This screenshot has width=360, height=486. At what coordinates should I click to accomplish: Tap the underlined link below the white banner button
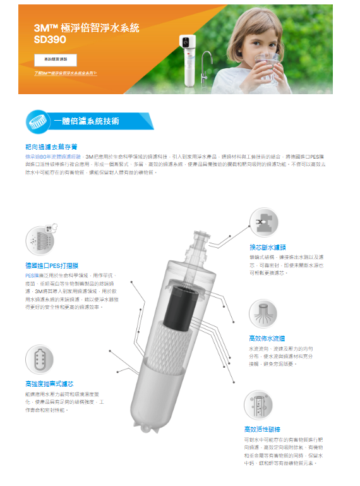pos(66,73)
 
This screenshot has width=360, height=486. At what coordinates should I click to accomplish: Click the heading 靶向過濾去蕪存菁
pos(51,147)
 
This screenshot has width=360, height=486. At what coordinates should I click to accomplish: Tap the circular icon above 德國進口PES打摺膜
pos(39,240)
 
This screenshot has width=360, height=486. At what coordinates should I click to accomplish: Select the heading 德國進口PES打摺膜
pos(52,265)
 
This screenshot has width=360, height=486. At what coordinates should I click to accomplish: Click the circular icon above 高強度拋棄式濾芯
pos(39,359)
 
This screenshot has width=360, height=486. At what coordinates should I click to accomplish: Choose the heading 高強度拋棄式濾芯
pos(49,384)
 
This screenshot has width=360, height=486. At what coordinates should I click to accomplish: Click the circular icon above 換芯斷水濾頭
pos(263,222)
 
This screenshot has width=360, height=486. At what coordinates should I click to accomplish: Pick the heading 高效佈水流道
pos(265,339)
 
